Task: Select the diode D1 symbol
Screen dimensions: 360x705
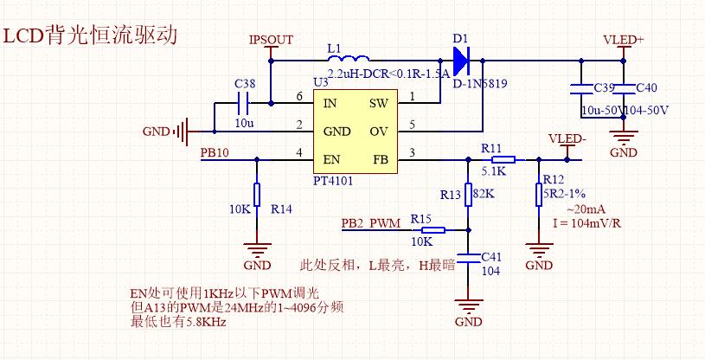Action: [460, 61]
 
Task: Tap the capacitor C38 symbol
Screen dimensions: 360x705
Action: [243, 104]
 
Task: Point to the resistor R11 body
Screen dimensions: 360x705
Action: [503, 159]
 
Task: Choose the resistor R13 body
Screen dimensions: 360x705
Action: [468, 194]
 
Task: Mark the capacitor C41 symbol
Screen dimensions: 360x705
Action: [468, 258]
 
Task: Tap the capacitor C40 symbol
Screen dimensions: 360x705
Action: [624, 87]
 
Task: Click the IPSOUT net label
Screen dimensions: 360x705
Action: [271, 40]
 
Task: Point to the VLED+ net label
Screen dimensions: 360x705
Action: [623, 40]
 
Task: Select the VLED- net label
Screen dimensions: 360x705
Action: [567, 138]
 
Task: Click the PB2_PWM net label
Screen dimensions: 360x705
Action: [371, 222]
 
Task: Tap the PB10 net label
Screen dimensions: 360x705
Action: [215, 152]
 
